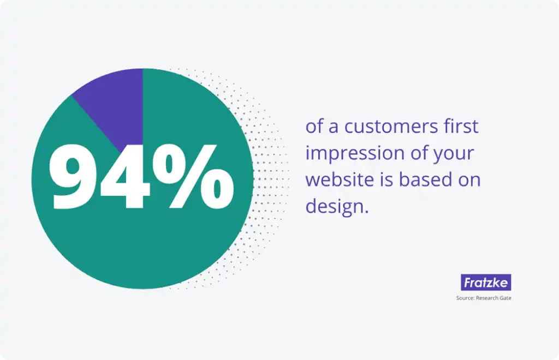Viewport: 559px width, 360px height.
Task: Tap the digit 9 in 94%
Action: click(x=74, y=177)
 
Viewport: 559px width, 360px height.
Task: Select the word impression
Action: click(x=354, y=153)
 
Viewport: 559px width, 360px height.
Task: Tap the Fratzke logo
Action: click(x=485, y=283)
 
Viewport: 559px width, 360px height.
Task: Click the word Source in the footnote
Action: click(x=465, y=298)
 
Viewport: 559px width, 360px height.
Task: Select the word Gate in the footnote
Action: click(x=504, y=298)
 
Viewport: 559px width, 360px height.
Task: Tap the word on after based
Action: click(x=470, y=180)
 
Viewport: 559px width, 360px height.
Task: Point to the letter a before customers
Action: click(x=333, y=128)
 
